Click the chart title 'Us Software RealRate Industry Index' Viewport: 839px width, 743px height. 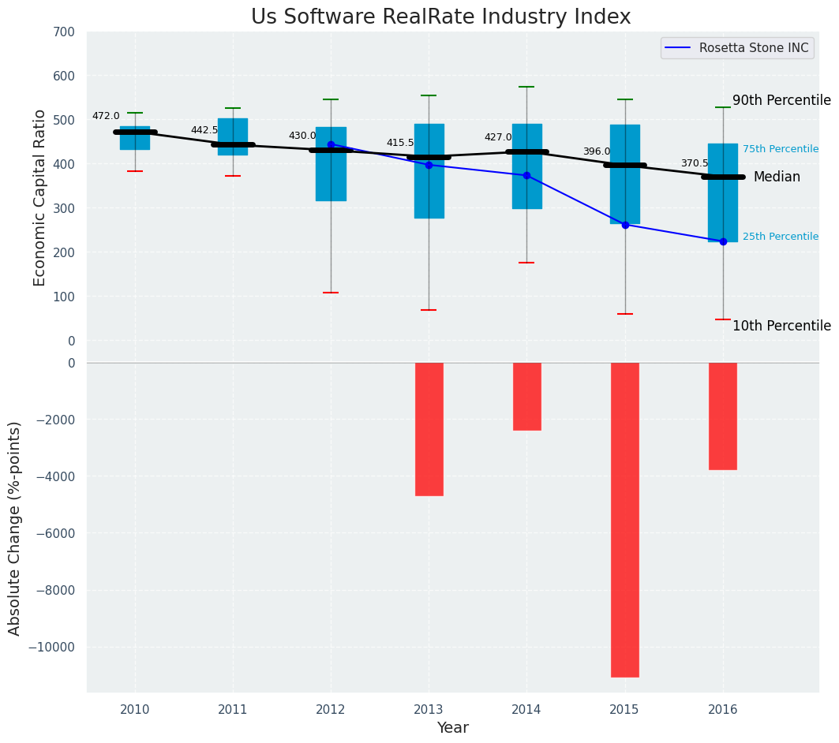tap(440, 17)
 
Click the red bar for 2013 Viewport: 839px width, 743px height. tap(429, 429)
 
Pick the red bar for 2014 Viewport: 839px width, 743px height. tap(526, 396)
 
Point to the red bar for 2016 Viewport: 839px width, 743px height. tap(722, 416)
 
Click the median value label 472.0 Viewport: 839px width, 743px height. tap(106, 116)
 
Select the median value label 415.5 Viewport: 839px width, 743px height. tap(400, 143)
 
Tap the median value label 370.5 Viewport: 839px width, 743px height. tap(695, 163)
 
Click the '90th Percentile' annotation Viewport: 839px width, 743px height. tap(781, 101)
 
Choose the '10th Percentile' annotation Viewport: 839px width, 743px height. tap(781, 326)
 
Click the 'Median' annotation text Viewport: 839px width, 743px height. tap(777, 177)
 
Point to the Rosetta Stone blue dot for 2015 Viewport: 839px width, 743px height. tap(625, 225)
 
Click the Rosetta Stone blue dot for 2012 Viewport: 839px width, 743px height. tap(331, 144)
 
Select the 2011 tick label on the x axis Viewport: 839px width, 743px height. tap(233, 710)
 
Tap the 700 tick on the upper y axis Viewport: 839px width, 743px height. tap(65, 32)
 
